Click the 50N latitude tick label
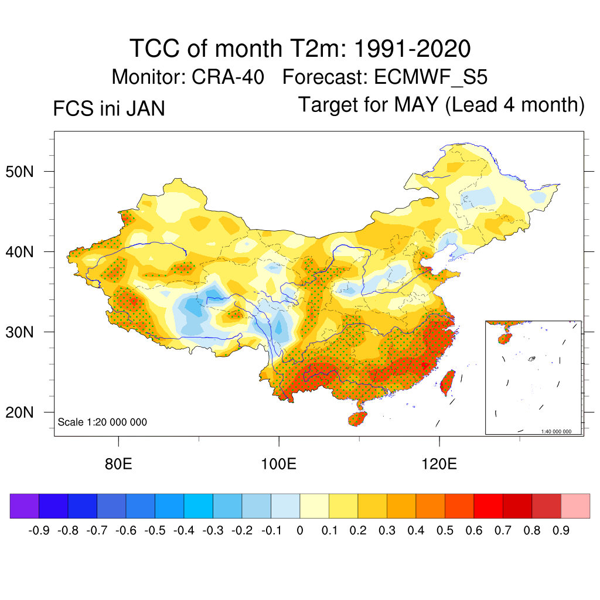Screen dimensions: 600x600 pos(25,172)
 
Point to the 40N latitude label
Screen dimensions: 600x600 pos(25,252)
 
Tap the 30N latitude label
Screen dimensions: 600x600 pos(25,332)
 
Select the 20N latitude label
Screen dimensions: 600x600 pos(25,412)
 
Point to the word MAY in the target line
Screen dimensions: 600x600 pos(416,105)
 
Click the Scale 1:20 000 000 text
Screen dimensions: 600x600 pos(103,422)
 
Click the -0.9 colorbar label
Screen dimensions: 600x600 pos(39,531)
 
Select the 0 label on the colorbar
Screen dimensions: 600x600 pos(300,531)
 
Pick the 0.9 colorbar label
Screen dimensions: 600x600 pos(561,531)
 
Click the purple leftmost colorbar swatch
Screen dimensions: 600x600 pos(25,506)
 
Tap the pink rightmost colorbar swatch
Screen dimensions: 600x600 pos(575,506)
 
